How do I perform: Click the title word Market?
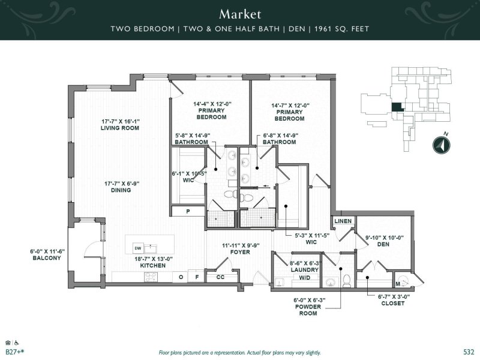tap(239, 13)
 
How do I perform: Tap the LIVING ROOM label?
tap(119, 128)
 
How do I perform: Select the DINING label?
tap(119, 191)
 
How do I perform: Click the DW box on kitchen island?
tap(137, 247)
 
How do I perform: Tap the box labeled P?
tap(188, 211)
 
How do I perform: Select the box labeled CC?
tap(220, 277)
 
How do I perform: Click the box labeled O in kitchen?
tap(181, 277)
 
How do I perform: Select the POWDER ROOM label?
tap(307, 310)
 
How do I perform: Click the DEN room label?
tap(383, 245)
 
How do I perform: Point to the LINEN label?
tap(343, 221)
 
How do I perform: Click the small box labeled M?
tap(398, 283)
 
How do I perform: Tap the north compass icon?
tap(441, 146)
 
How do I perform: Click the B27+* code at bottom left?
tap(14, 352)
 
